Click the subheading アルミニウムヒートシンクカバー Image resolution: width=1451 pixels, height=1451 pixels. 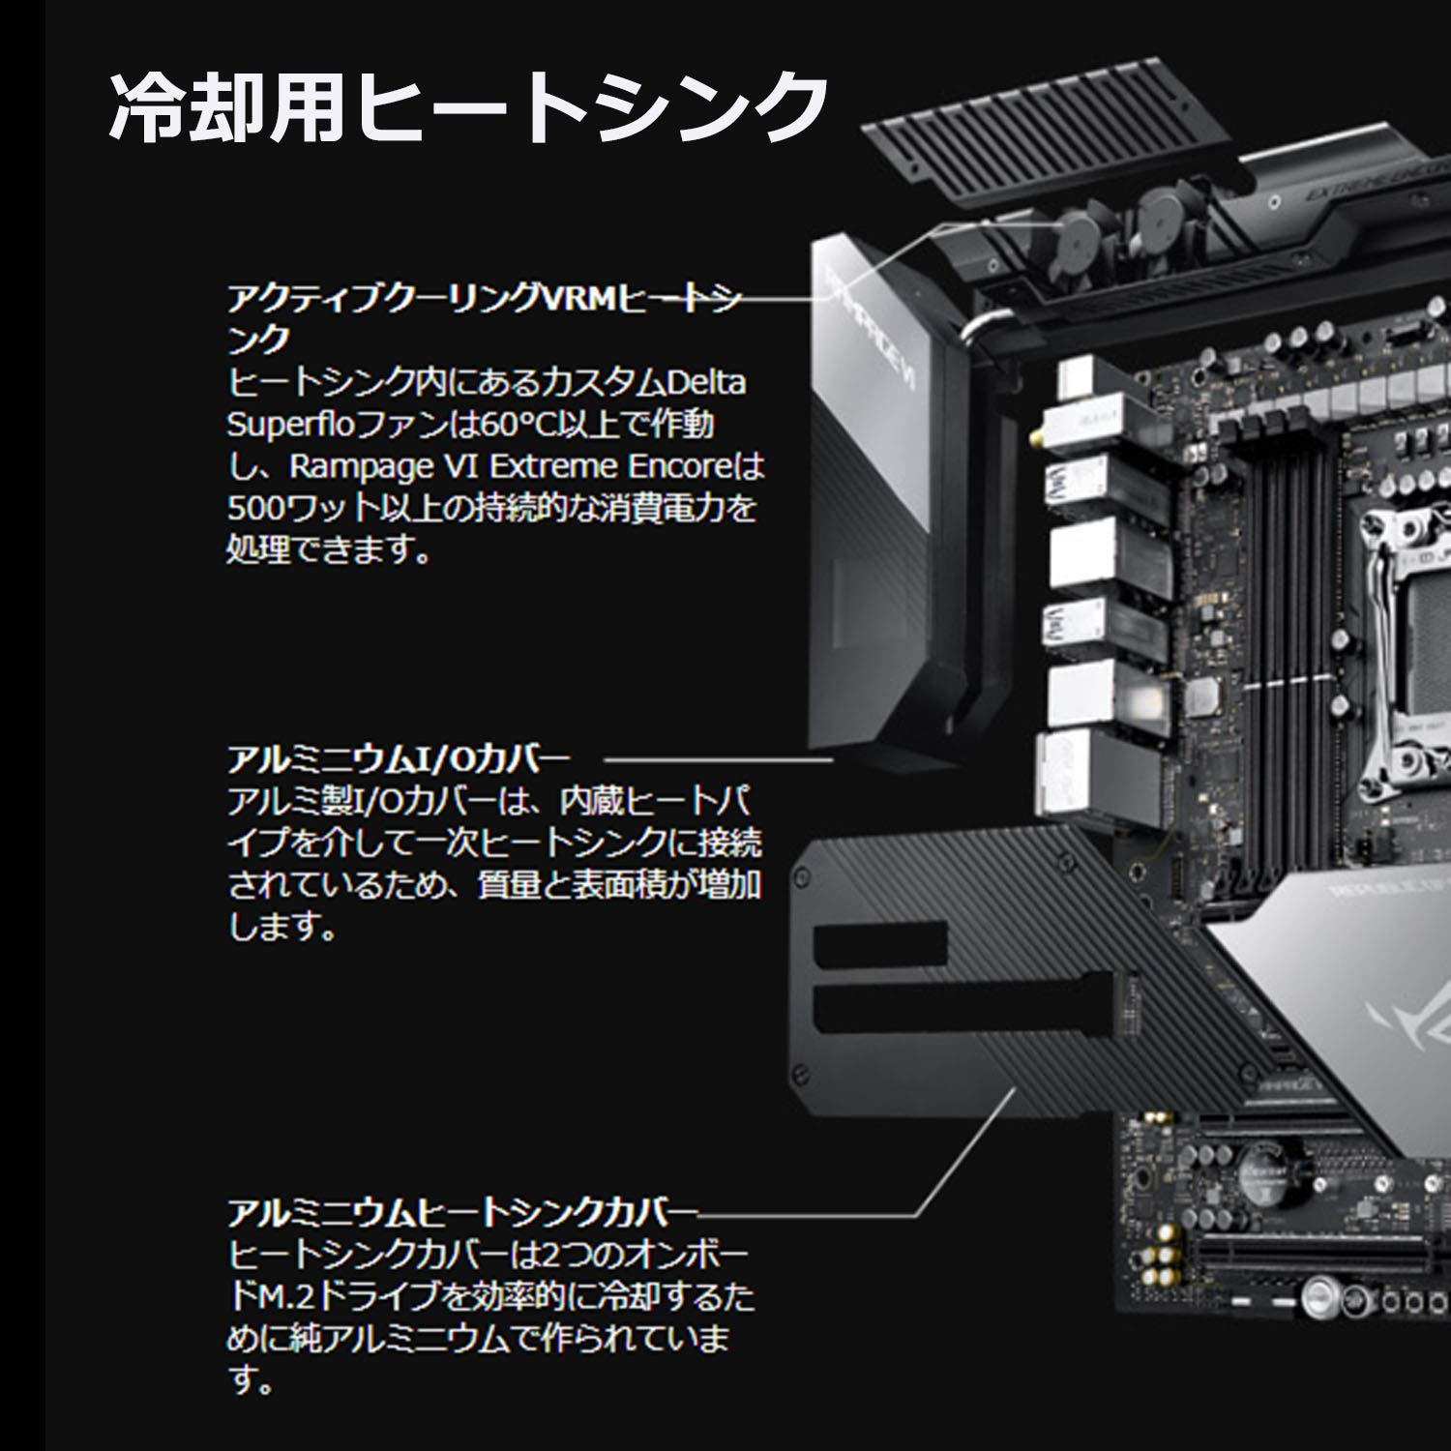[x=462, y=1212]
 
